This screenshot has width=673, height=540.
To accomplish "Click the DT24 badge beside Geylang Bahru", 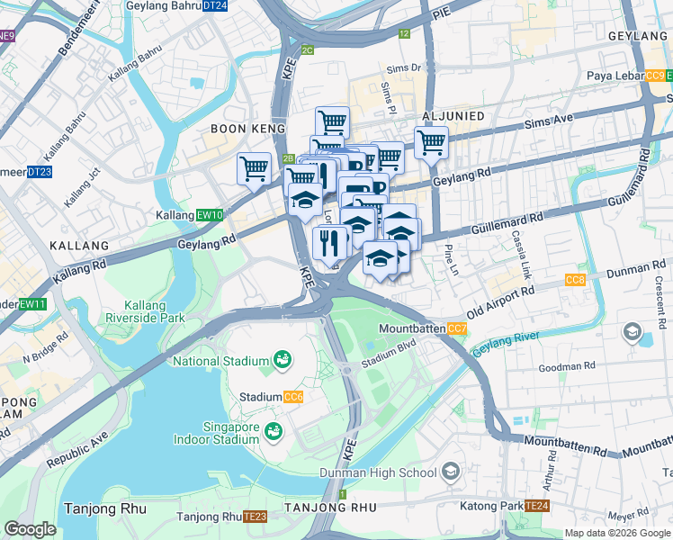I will coord(214,5).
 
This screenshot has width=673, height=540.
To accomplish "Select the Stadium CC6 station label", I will coord(271,396).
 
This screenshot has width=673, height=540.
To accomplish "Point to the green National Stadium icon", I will coord(283,360).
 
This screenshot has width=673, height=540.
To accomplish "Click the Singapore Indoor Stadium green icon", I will coord(271,436).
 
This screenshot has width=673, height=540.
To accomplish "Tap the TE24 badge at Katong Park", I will coord(537,506).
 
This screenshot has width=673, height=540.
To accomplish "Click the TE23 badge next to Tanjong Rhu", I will coord(256,517).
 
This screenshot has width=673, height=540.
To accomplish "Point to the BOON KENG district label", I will coord(240,129).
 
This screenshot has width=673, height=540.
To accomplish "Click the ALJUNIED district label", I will coord(453,117).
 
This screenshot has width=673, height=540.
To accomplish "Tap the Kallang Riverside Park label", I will coord(145,310).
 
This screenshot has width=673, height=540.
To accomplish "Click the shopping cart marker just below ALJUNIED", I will coord(431,143).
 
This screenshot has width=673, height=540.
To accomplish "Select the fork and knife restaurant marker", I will coord(329,242).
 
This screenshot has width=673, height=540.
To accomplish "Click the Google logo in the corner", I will coord(30,529).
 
